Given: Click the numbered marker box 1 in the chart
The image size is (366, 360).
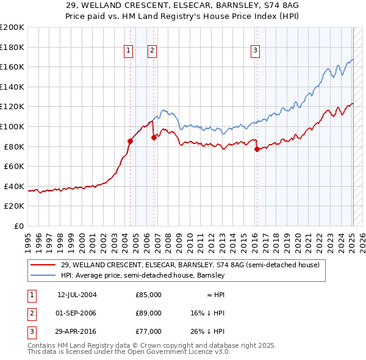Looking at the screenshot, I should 129,51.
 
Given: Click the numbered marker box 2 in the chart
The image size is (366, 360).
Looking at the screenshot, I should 152,51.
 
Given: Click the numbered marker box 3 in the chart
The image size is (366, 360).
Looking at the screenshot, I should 255,51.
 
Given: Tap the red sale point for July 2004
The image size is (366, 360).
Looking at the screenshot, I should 130,141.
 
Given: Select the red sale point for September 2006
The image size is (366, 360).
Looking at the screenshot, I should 154,137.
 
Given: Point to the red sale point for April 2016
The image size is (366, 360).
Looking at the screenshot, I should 257,149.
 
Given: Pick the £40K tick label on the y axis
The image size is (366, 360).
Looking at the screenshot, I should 14,186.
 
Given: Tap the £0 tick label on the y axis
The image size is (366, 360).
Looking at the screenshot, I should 19,226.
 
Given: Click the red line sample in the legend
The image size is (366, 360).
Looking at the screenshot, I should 43,265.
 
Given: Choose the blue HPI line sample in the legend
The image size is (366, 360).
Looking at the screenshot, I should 43,275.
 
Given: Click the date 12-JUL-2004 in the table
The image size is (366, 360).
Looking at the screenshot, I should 77,295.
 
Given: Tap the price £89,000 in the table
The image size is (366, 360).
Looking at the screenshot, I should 148,313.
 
